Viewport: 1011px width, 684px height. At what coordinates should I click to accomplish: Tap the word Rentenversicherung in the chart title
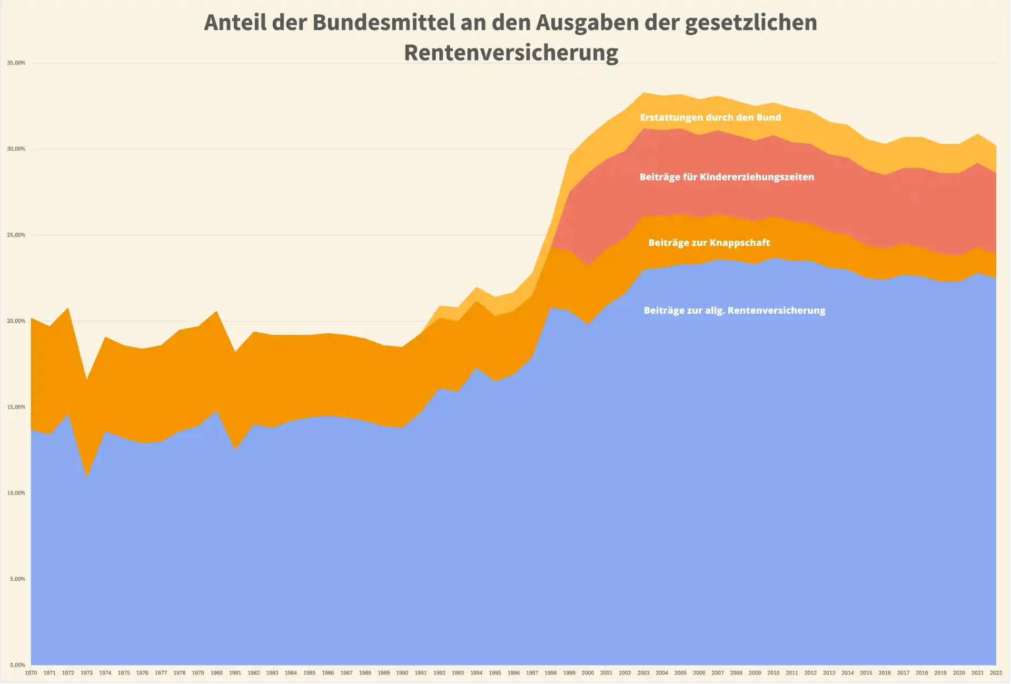(511, 53)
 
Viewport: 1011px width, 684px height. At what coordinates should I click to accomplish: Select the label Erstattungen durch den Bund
(710, 117)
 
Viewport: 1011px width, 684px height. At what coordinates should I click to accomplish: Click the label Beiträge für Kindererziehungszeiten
(727, 177)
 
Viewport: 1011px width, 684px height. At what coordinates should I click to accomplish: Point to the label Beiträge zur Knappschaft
(709, 243)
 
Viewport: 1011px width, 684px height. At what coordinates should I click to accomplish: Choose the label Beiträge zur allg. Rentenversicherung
(735, 311)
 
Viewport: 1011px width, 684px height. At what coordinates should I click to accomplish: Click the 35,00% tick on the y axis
(16, 63)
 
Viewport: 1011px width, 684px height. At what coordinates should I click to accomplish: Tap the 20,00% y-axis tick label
(16, 321)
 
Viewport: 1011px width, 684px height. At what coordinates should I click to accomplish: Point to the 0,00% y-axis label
(17, 665)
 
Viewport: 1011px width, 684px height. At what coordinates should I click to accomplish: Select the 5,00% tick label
(17, 579)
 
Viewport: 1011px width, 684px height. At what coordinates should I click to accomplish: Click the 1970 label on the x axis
(31, 673)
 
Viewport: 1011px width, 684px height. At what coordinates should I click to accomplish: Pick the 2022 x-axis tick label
(996, 673)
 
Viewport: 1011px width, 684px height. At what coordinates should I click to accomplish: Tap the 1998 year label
(551, 673)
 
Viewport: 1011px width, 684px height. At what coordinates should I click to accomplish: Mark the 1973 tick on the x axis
(86, 673)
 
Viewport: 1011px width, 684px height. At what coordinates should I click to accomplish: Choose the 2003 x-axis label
(643, 673)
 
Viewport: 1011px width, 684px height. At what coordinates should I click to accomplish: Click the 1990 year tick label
(402, 673)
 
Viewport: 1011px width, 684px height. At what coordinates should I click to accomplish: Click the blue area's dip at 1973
(86, 477)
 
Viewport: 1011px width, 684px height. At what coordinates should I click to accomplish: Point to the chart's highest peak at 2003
(643, 93)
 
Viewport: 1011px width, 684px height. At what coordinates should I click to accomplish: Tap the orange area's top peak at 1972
(68, 308)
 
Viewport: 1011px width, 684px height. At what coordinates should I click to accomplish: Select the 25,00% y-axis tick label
(16, 235)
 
